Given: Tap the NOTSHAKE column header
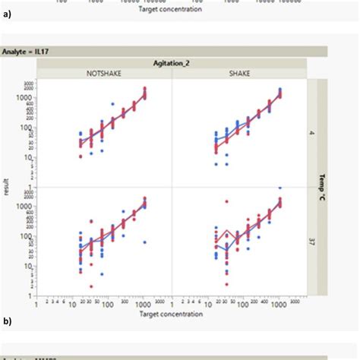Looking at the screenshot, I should (103, 74).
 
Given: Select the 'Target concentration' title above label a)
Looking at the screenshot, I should (172, 11).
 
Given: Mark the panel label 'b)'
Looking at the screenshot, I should (7, 322).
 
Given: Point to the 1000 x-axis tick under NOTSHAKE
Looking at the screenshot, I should (145, 302).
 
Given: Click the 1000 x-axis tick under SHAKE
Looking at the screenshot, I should (280, 302).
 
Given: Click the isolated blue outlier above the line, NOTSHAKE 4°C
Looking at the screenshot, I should (112, 104).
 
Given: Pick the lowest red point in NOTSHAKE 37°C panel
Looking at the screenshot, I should (91, 286).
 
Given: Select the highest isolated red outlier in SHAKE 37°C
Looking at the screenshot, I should (226, 201).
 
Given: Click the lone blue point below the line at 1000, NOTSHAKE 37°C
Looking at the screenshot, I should (145, 242).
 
